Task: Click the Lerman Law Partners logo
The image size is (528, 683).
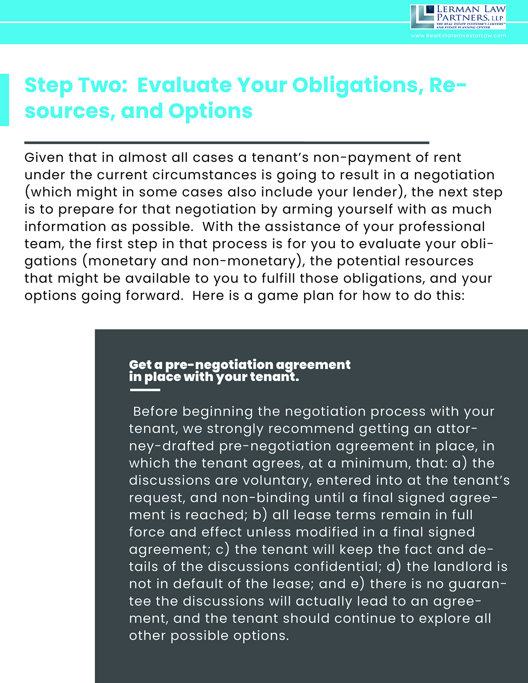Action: [458, 17]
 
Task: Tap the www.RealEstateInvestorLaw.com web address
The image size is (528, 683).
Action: [458, 36]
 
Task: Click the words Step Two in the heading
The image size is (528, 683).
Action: [76, 85]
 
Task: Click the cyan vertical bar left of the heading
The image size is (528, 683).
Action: [4, 100]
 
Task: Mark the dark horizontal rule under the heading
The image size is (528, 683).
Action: [227, 142]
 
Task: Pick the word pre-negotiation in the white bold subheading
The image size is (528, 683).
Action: [219, 365]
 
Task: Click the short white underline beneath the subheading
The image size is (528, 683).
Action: [144, 390]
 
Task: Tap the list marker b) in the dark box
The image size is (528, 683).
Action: [260, 515]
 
